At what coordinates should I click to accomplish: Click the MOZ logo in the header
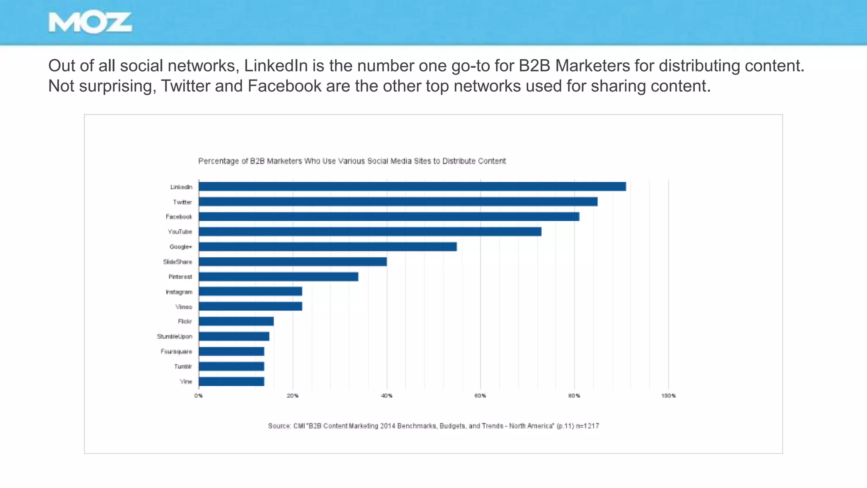pyautogui.click(x=90, y=22)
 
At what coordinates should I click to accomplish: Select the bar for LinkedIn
pyautogui.click(x=412, y=186)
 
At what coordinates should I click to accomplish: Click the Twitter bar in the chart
pyautogui.click(x=398, y=202)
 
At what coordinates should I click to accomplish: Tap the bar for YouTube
pyautogui.click(x=370, y=232)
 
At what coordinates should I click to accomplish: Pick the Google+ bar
pyautogui.click(x=327, y=247)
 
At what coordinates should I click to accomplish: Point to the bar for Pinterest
pyautogui.click(x=278, y=277)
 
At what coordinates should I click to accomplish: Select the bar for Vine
pyautogui.click(x=231, y=382)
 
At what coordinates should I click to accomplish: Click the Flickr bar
pyautogui.click(x=236, y=322)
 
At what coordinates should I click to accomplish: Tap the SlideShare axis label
pyautogui.click(x=177, y=262)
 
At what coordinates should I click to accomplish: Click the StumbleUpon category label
pyautogui.click(x=174, y=337)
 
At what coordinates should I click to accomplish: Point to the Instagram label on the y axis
pyautogui.click(x=179, y=292)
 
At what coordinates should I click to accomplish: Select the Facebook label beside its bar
pyautogui.click(x=179, y=217)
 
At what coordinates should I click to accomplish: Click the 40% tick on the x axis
pyautogui.click(x=387, y=396)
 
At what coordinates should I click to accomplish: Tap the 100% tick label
pyautogui.click(x=668, y=396)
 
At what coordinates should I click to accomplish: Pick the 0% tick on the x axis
pyautogui.click(x=199, y=396)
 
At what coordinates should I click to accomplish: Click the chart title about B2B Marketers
pyautogui.click(x=352, y=161)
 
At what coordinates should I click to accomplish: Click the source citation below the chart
pyautogui.click(x=433, y=426)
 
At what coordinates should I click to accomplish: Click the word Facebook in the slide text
pyautogui.click(x=284, y=86)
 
